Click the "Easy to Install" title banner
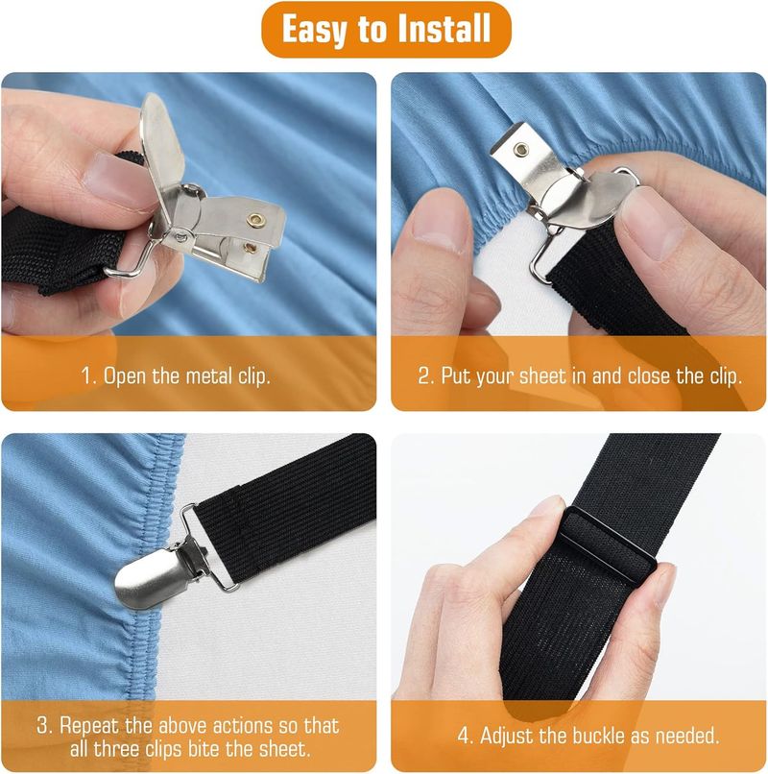click(x=383, y=30)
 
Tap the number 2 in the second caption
click(x=424, y=375)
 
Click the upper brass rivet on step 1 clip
click(x=255, y=221)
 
